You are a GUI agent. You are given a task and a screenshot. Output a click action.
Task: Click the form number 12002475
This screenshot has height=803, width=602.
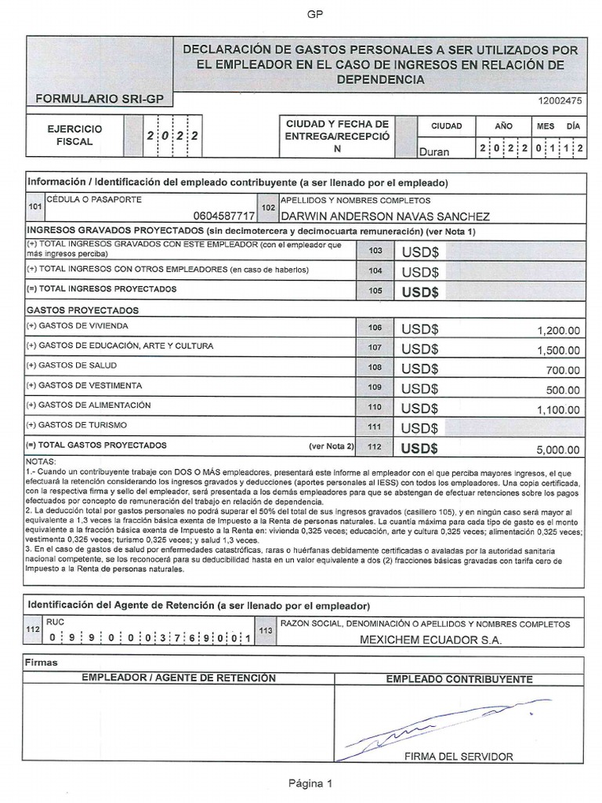pos(560,100)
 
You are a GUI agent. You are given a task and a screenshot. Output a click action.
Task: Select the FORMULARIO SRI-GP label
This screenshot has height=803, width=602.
pos(98,100)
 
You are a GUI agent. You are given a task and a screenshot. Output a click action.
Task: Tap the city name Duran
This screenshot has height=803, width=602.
pos(435,151)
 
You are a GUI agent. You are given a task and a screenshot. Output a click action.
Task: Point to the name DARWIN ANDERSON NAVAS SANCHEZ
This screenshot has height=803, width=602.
pos(385,216)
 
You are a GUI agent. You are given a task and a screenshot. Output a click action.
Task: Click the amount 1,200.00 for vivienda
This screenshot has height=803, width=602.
pos(558,331)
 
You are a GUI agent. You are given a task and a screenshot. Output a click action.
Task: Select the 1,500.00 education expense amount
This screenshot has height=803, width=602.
pos(558,351)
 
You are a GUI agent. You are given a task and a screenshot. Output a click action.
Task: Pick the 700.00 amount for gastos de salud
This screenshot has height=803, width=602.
pos(564,370)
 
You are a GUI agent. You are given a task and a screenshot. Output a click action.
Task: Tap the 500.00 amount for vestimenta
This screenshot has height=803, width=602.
pos(564,390)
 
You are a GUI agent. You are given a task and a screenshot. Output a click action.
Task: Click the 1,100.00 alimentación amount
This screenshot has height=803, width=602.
pos(558,409)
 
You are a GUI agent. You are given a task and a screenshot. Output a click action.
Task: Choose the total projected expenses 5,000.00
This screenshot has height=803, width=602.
pos(558,449)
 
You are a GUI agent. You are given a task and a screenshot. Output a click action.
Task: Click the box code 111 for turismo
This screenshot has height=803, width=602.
pos(375,427)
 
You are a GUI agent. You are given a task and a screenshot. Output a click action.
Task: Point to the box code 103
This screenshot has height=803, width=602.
pos(375,251)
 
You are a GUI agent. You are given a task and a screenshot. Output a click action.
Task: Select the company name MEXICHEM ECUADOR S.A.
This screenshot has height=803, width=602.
pos(430,639)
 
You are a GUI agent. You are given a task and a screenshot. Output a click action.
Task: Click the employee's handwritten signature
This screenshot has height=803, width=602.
pos(439,725)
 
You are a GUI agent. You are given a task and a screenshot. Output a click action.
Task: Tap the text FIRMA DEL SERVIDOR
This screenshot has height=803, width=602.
pos(459,757)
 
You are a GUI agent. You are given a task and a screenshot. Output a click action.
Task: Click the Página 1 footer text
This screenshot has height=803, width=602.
pos(311,783)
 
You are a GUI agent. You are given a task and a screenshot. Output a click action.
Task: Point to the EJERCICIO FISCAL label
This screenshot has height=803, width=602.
pos(74,135)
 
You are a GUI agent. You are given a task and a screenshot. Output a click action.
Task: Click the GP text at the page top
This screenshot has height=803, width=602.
pos(314,14)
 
